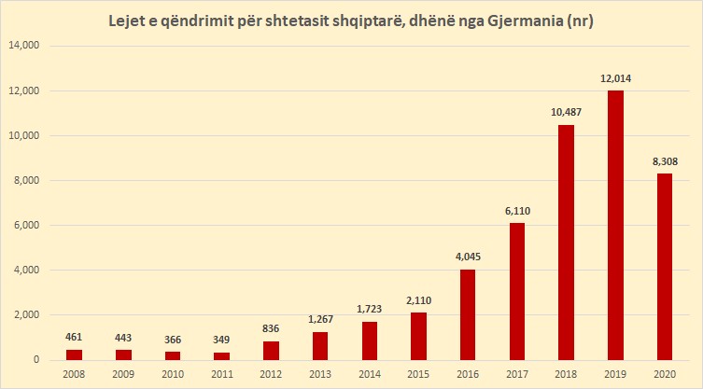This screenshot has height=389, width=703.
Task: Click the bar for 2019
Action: coord(614,225)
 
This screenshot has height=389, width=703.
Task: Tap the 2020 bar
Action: coord(664,267)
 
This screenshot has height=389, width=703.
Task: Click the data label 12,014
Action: coord(614,78)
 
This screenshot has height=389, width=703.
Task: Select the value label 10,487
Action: coord(566,113)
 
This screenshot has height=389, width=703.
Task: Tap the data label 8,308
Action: coord(664,161)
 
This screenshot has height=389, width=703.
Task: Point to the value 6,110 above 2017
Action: coord(516,211)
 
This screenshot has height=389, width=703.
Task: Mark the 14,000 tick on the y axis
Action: coord(31,46)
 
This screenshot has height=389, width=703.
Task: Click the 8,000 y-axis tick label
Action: coord(34,180)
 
